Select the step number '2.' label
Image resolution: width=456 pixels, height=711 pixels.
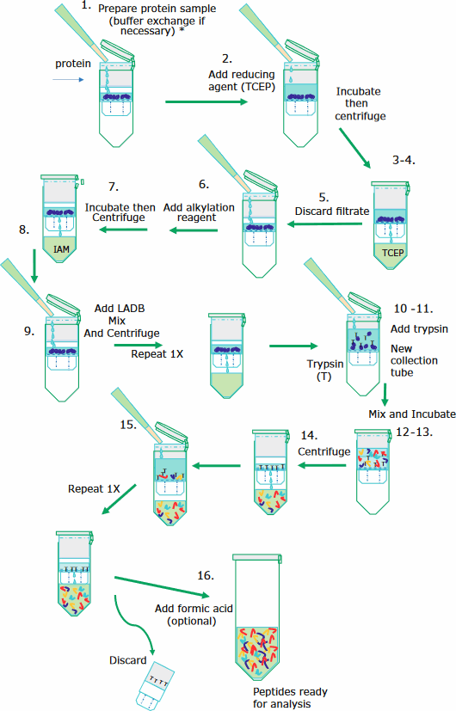click(226, 58)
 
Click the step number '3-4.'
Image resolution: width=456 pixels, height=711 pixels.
click(404, 161)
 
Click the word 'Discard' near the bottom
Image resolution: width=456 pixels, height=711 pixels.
click(127, 660)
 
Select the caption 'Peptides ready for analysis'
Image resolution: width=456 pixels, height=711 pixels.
click(278, 697)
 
